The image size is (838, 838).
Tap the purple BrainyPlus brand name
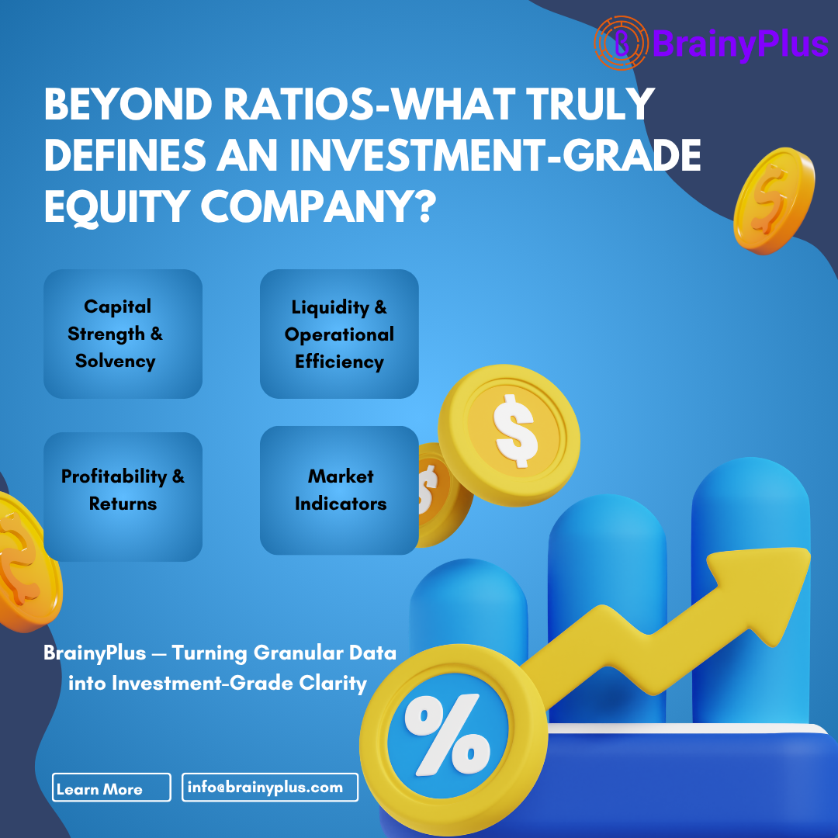[x=739, y=44]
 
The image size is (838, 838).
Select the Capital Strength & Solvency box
[x=123, y=334]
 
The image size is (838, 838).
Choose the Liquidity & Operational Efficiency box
[x=339, y=334]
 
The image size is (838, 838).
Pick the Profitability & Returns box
[x=123, y=497]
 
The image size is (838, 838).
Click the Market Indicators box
[x=339, y=490]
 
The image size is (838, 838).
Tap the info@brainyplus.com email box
[x=269, y=787]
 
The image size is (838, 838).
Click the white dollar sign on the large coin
[x=515, y=428]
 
